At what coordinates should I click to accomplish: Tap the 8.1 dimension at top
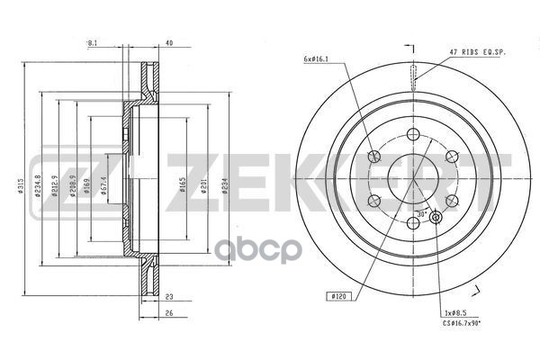coord(93,42)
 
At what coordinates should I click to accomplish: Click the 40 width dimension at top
coord(168,42)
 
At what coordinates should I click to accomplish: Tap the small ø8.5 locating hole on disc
coord(436,216)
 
